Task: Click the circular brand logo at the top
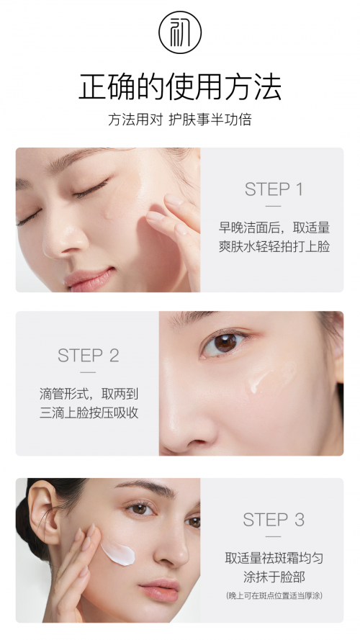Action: (180, 32)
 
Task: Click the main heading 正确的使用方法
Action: (180, 86)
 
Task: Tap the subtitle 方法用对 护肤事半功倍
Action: (180, 120)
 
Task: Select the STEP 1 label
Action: (274, 189)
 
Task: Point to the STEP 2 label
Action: (88, 356)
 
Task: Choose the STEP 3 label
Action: (274, 520)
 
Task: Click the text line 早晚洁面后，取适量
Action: (274, 227)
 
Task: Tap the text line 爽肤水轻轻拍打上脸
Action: (274, 246)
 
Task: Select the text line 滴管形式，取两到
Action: (89, 394)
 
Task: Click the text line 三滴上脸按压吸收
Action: (89, 413)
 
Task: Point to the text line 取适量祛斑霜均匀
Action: (274, 557)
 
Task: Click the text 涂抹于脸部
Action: (274, 577)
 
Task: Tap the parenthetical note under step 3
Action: (274, 595)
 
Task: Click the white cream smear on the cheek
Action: (118, 553)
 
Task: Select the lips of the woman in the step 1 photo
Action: (90, 279)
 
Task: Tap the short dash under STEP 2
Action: (88, 372)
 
